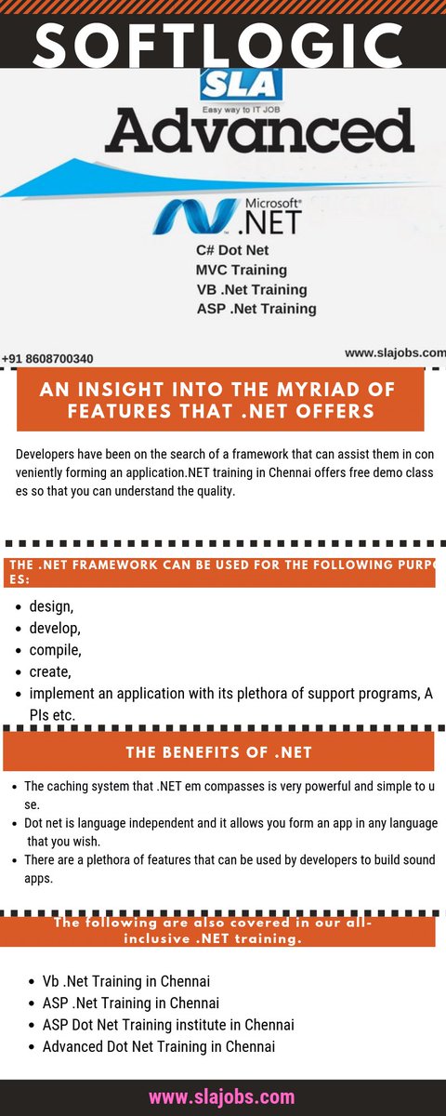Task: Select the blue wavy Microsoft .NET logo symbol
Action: point(195,216)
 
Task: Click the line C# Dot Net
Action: point(232,251)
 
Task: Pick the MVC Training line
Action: point(242,270)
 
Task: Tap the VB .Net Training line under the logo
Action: point(252,289)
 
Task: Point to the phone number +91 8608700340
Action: point(47,358)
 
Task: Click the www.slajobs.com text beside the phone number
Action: point(395,353)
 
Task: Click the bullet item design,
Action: point(51,606)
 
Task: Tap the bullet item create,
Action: point(50,671)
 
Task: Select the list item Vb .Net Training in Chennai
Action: point(125,981)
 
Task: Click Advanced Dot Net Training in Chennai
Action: point(159,1046)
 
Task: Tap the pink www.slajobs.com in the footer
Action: point(222,1096)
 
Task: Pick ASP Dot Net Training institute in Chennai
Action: point(168,1025)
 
